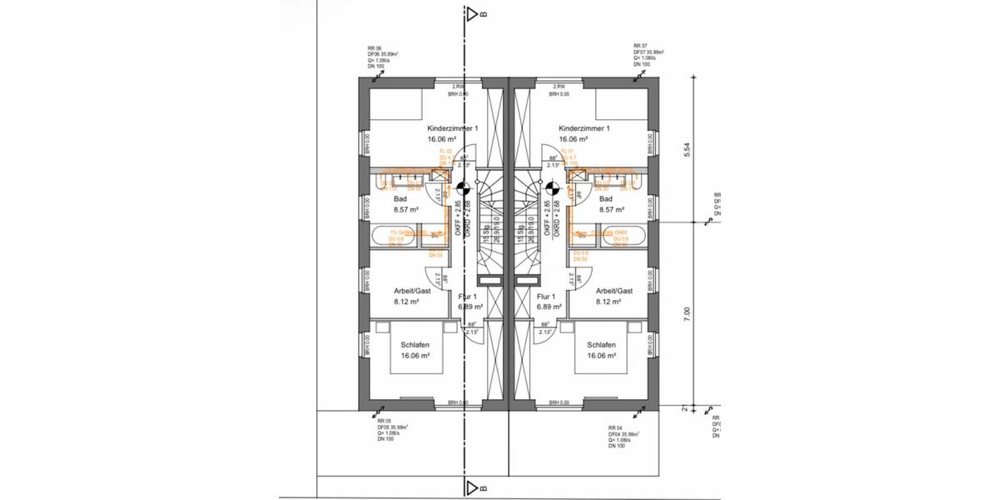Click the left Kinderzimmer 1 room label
point(452,128)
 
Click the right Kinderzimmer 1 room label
point(584,128)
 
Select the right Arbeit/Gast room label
point(614,291)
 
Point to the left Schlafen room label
point(415,344)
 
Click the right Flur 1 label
point(546,296)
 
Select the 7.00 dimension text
point(687,314)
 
